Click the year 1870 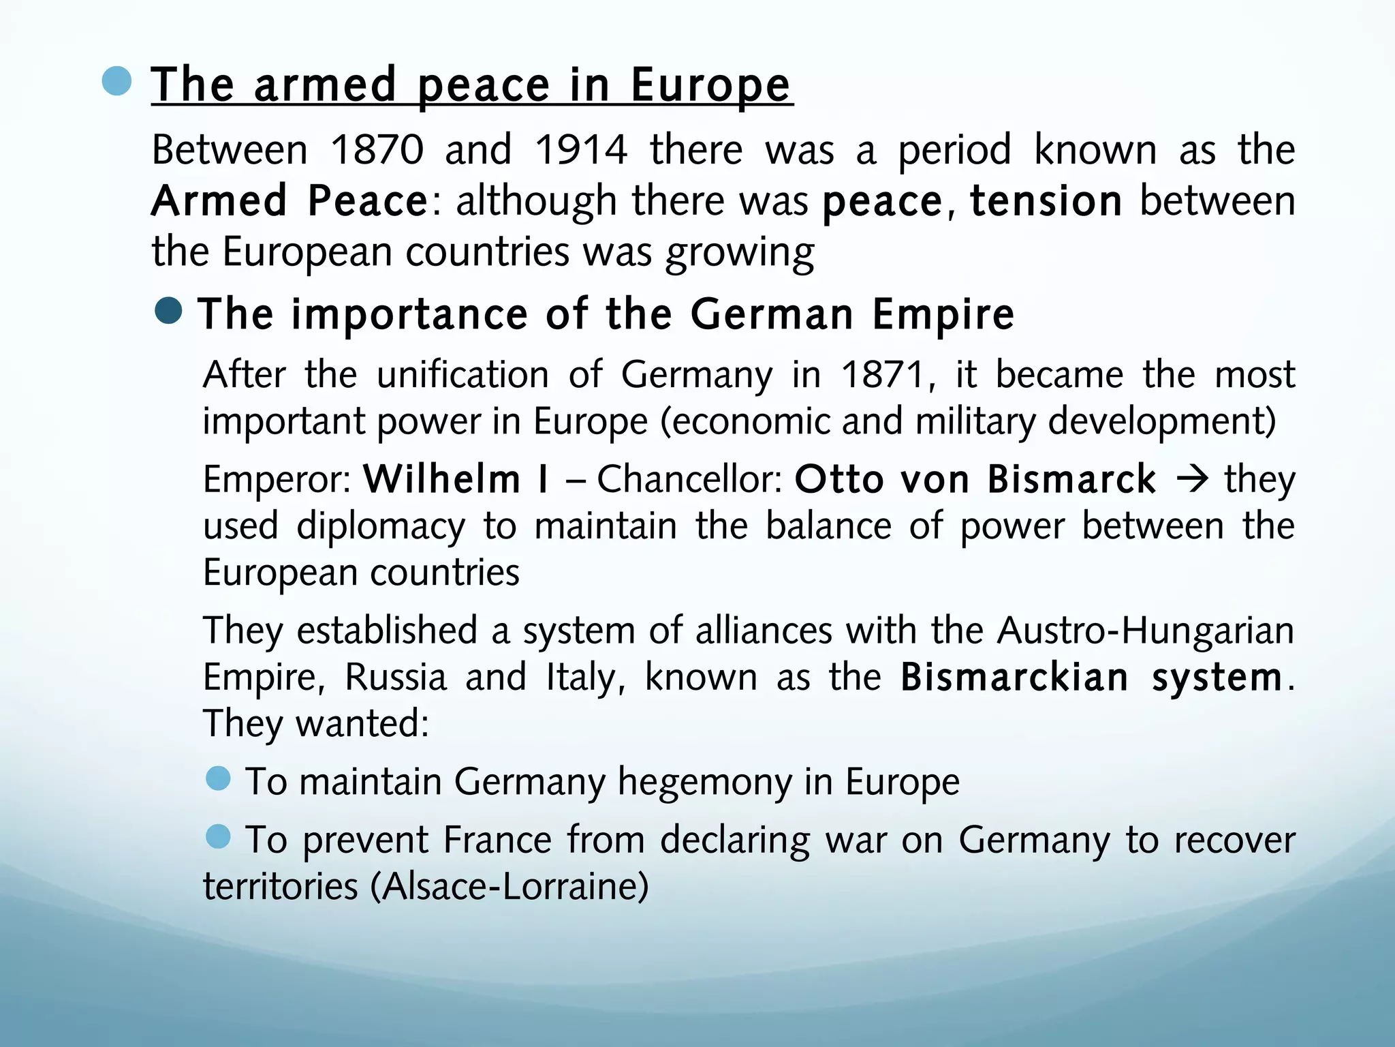click(377, 150)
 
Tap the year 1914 click(580, 150)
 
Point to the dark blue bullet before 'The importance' click(168, 312)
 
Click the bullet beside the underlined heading click(116, 81)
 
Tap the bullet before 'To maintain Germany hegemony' click(218, 778)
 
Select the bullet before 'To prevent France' click(218, 836)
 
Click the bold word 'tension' click(1046, 201)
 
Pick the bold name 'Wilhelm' click(441, 479)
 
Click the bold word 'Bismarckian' click(1014, 678)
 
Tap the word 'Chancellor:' click(689, 479)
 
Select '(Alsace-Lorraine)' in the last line click(510, 887)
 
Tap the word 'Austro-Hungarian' click(1145, 631)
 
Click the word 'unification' click(463, 375)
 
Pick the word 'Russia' click(395, 678)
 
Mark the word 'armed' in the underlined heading click(324, 86)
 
